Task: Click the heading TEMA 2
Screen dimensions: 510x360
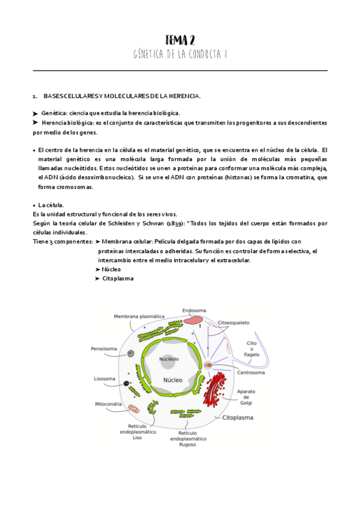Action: (x=180, y=40)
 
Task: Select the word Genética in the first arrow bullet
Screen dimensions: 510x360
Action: (x=53, y=113)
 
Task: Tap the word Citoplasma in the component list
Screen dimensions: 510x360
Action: (x=118, y=278)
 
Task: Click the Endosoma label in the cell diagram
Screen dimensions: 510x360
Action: (x=194, y=311)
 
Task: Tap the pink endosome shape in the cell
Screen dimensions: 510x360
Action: (x=194, y=321)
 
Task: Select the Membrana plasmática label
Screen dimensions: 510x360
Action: (x=139, y=316)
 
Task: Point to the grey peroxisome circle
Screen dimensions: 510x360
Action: (x=130, y=354)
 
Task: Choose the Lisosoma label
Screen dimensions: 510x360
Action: (x=105, y=379)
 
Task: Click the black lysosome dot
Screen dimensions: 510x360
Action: (x=126, y=383)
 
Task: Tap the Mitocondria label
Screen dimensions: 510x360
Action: (x=109, y=404)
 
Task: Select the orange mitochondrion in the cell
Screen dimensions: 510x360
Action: (x=134, y=408)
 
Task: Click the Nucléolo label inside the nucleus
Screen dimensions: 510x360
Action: (x=169, y=359)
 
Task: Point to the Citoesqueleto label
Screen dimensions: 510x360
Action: (x=234, y=322)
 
